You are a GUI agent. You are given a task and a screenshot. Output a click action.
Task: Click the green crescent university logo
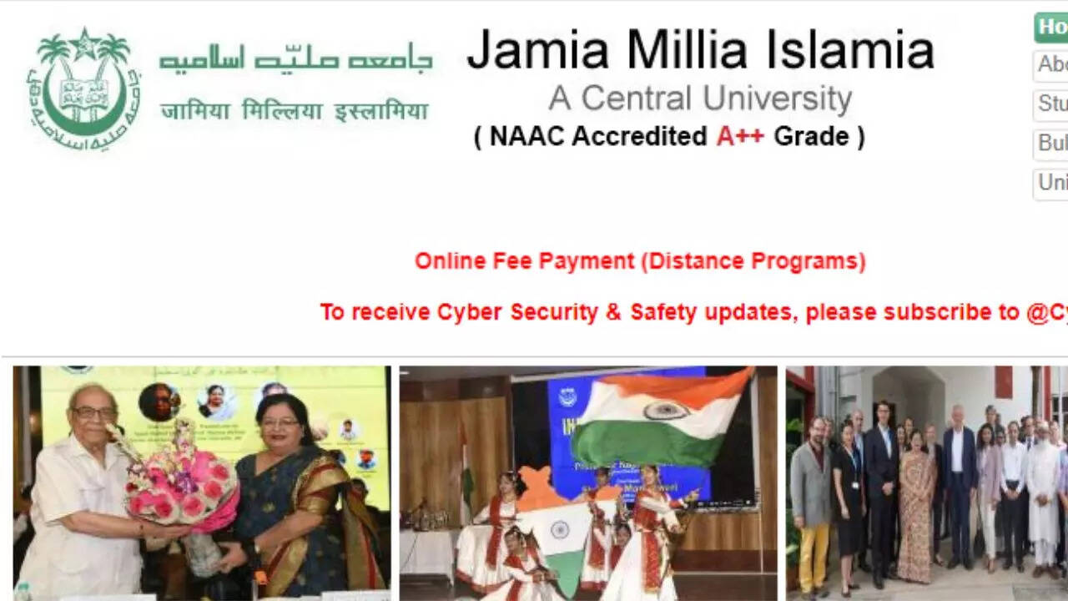[x=83, y=88]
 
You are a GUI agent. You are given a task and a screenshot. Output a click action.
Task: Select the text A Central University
[x=699, y=98]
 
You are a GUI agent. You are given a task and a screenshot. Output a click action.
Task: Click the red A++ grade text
[x=739, y=136]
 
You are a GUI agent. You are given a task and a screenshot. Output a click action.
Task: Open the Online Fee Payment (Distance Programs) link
[x=640, y=261]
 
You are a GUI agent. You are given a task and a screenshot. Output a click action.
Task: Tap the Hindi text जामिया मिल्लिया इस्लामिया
[x=294, y=111]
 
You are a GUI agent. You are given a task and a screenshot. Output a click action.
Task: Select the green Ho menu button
[x=1051, y=28]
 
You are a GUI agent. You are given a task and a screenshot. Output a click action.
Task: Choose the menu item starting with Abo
[x=1051, y=65]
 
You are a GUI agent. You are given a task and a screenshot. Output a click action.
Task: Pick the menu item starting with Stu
[x=1051, y=104]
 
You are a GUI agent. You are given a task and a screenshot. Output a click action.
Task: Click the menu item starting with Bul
[x=1051, y=144]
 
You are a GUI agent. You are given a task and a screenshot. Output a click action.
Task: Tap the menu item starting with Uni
[x=1051, y=183]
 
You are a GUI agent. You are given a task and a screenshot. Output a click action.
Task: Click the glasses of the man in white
[x=93, y=412]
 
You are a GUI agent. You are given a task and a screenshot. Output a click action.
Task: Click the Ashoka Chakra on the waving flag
[x=665, y=411]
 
